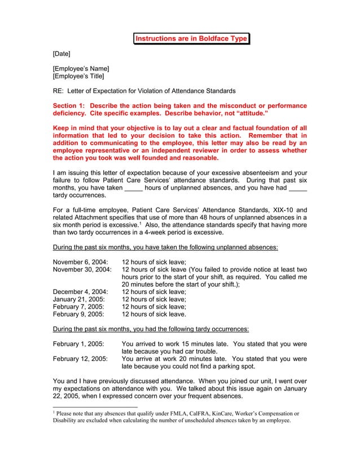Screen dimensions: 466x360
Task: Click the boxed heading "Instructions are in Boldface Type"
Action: [x=191, y=38]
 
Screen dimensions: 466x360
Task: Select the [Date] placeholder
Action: [x=62, y=54]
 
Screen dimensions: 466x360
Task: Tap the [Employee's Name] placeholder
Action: [x=81, y=69]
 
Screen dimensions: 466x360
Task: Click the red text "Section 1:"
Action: [x=69, y=106]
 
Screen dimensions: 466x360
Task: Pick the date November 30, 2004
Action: [x=82, y=270]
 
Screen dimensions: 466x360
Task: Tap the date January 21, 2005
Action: [x=78, y=299]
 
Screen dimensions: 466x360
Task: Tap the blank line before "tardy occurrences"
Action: [x=297, y=188]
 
